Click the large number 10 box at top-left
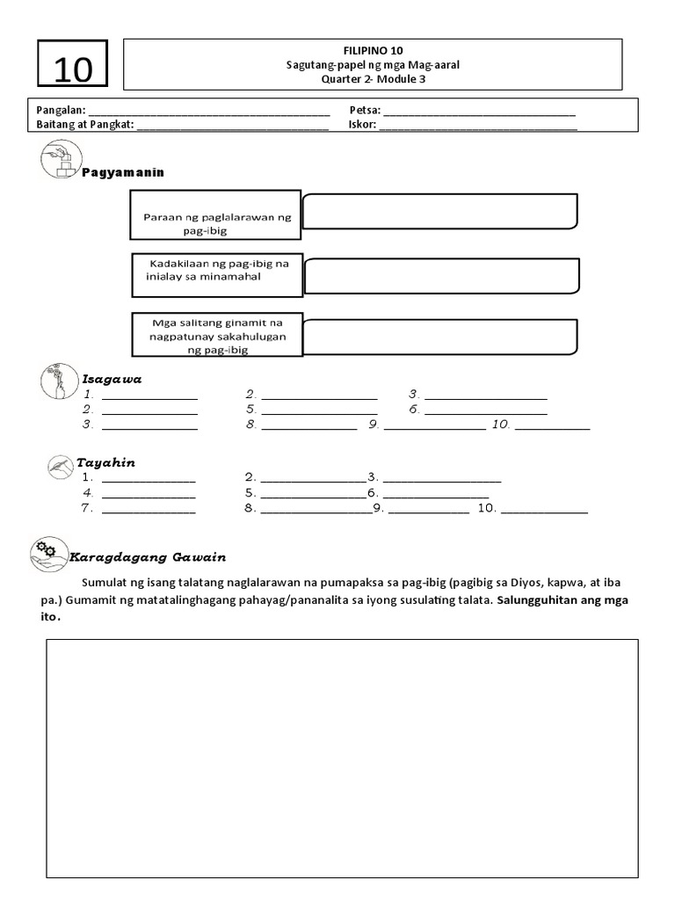tap(73, 65)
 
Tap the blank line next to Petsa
tap(480, 112)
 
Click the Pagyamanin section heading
tap(123, 172)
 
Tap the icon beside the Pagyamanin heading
tap(61, 161)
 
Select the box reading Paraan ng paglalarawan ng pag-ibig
tap(216, 215)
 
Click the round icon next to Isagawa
tap(59, 381)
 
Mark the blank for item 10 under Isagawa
tap(552, 425)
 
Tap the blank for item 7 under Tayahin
tap(149, 508)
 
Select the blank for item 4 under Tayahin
tap(149, 493)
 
